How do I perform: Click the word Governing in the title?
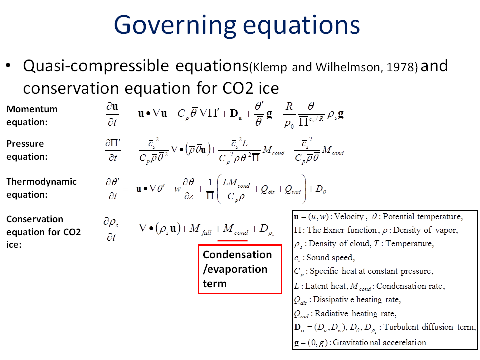tap(175, 25)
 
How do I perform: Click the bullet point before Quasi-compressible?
tap(9, 65)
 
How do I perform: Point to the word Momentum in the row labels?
tap(32, 109)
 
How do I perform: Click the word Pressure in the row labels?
tap(25, 144)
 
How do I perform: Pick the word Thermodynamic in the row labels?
tap(41, 182)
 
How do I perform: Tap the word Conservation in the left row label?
tap(35, 219)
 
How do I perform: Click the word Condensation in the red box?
tap(237, 254)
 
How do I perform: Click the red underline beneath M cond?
tap(232, 240)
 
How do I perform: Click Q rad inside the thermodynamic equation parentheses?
tap(293, 190)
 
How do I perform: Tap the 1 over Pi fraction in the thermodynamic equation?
tap(210, 190)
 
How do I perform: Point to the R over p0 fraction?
tap(289, 115)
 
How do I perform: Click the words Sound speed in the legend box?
tap(330, 258)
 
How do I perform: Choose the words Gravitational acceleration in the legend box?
tap(379, 342)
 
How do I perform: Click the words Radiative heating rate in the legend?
tap(355, 314)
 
